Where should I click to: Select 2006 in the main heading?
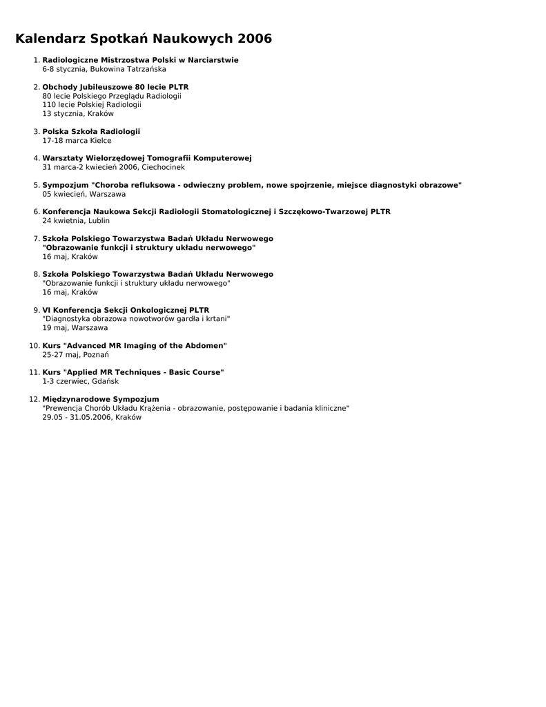254,39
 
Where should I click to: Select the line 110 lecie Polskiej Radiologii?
92,105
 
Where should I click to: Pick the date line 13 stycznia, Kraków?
78,114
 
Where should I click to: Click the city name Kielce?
100,141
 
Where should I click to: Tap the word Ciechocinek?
163,167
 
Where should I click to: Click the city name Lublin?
99,221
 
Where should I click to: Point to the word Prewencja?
64,408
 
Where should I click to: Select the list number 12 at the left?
34,399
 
